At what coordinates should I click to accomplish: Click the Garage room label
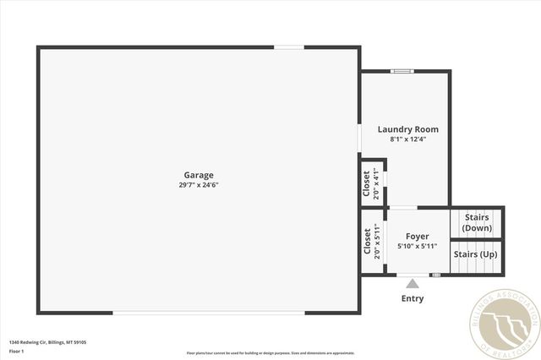tap(199, 175)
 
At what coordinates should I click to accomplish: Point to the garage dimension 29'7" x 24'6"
tap(199, 184)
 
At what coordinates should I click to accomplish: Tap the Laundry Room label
tap(407, 129)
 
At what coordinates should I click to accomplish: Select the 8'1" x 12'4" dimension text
tap(407, 139)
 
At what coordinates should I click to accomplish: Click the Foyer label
tap(418, 237)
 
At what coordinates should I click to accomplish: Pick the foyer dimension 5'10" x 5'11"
tap(418, 246)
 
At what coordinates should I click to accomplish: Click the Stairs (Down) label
tap(477, 223)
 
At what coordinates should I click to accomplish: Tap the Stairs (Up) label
tap(476, 254)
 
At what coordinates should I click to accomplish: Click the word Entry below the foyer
tap(413, 298)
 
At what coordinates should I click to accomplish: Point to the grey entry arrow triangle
tap(413, 284)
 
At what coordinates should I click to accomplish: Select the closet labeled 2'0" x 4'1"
tap(371, 183)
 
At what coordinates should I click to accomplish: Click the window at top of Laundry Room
tap(402, 71)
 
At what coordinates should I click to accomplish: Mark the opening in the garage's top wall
tap(289, 47)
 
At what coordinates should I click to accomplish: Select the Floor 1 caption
tap(17, 351)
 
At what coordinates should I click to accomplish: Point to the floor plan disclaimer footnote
tap(270, 353)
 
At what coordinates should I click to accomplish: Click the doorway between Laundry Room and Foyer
tap(403, 207)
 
